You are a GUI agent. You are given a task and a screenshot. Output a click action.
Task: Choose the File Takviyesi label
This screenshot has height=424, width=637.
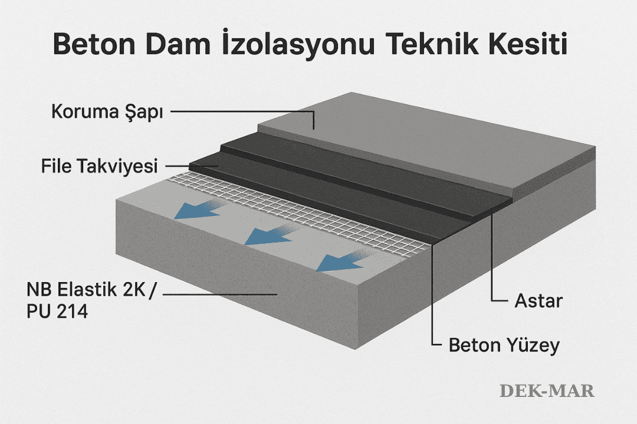click(x=100, y=167)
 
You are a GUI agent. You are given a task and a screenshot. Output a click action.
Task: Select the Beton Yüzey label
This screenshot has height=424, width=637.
click(x=504, y=345)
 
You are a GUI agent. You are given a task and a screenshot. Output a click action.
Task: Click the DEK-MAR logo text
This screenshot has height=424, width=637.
click(x=547, y=390)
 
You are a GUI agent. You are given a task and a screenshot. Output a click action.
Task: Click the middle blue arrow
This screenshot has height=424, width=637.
click(x=268, y=234)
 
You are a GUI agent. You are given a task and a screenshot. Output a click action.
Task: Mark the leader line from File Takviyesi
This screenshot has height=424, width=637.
click(x=189, y=167)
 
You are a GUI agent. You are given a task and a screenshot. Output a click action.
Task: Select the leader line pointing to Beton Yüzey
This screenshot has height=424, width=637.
click(x=432, y=294)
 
